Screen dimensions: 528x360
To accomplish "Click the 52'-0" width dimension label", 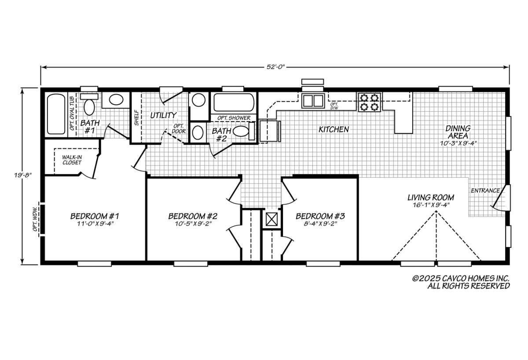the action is click(275, 67).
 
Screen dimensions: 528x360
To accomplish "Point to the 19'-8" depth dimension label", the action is click(22, 175).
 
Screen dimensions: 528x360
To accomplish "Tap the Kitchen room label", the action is click(334, 129).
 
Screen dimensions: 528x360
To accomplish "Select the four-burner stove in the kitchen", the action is click(369, 102).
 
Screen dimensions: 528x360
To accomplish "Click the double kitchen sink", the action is click(313, 101).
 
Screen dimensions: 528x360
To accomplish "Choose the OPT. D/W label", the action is click(334, 106).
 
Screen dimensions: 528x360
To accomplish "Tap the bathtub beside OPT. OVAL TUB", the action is click(56, 114).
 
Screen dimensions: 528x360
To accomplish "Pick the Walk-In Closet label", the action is click(72, 160).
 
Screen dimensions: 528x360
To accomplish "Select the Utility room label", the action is click(163, 115).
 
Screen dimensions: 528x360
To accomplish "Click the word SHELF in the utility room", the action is click(136, 118).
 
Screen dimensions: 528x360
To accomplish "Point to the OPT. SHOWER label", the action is click(234, 118).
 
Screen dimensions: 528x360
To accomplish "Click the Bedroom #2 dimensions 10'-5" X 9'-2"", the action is click(193, 224).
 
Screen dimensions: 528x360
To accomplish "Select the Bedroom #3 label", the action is click(320, 216).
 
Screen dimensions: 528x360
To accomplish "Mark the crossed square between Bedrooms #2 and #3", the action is click(271, 219).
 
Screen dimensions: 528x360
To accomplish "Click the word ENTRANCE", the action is click(485, 191).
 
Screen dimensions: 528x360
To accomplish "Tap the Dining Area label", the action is click(458, 132).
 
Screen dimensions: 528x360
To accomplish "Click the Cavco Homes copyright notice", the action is click(461, 282).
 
